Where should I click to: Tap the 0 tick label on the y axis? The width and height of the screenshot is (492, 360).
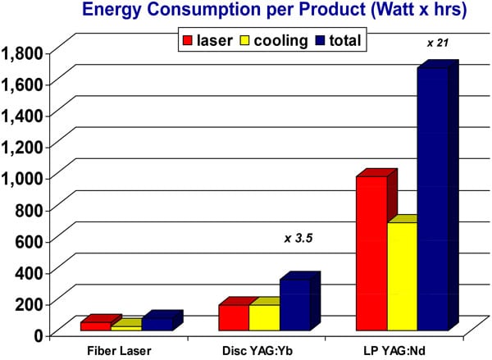(x=37, y=334)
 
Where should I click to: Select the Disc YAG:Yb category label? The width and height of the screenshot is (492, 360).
(x=253, y=350)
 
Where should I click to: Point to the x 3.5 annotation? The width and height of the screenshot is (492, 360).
(x=299, y=239)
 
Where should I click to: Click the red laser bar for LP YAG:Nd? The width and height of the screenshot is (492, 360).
(x=371, y=253)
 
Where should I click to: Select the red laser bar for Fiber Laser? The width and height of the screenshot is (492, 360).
(x=95, y=326)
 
